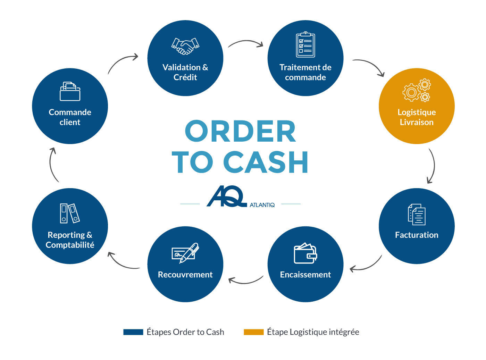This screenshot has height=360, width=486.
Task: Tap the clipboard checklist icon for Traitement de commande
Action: coord(305,44)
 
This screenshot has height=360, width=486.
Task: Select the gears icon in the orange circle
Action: coord(417,90)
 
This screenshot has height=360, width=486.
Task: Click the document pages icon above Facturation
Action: coord(417,215)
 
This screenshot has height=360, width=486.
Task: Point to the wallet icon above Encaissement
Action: coord(305,253)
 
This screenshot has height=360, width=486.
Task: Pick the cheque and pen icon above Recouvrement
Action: coord(185,252)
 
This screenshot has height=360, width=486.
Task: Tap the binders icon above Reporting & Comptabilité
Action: coord(70,213)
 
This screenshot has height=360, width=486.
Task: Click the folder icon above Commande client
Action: coord(70,91)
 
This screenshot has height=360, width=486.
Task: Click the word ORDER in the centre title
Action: coord(240,131)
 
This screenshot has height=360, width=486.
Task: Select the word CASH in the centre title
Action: coord(266,162)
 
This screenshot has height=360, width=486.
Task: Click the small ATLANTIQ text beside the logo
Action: coord(262,205)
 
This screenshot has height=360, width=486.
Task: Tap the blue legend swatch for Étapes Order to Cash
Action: coord(133,332)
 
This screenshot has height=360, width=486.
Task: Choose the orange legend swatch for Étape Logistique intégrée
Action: coord(254,332)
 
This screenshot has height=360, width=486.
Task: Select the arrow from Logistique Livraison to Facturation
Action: coord(432,166)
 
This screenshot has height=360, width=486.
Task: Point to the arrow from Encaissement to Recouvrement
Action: coord(245,281)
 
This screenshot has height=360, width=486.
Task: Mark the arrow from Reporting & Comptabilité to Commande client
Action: coord(52,165)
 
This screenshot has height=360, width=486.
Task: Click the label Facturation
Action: coord(417,235)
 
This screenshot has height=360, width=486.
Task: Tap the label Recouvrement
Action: coord(185,275)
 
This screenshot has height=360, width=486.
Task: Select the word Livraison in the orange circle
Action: coord(417,122)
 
